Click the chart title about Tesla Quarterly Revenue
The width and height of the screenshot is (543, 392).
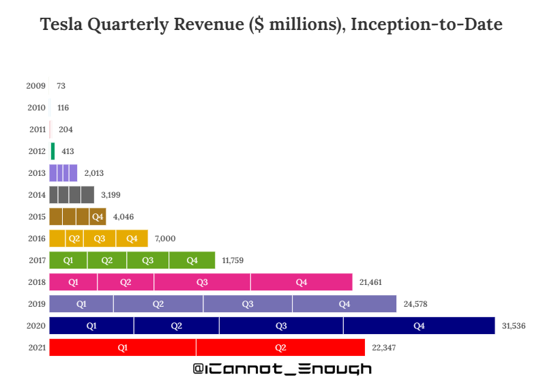271,26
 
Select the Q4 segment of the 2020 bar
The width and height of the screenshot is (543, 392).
419,326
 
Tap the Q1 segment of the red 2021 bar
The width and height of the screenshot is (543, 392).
123,348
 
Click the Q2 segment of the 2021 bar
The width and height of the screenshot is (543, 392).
280,348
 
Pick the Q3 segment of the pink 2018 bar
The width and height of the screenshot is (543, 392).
202,282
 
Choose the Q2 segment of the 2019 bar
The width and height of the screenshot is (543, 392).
158,304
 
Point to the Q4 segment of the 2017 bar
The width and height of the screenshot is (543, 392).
192,260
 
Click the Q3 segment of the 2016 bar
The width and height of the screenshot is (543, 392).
100,239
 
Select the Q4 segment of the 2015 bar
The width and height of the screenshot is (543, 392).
98,217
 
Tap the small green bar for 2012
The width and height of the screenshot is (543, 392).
53,151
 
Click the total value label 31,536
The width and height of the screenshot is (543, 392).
514,326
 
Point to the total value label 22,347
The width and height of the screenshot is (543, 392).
384,348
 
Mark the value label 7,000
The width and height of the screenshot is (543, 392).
166,239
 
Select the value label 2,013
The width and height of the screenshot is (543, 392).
93,173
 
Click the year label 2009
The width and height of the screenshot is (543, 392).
36,86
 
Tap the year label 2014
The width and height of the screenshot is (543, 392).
36,195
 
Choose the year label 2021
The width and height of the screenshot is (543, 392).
36,348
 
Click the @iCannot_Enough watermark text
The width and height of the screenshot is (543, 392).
282,369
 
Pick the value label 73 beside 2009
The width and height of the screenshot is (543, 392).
61,86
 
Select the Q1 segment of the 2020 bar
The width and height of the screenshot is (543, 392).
91,326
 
